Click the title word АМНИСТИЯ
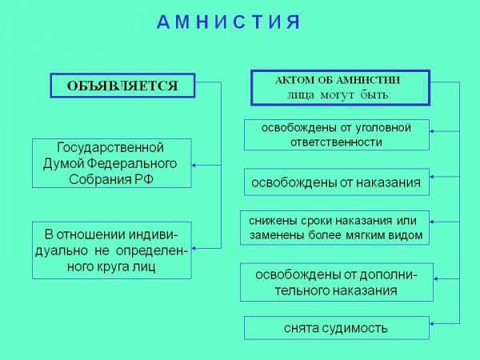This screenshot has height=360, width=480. (x=229, y=22)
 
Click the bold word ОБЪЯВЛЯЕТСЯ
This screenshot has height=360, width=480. (x=122, y=86)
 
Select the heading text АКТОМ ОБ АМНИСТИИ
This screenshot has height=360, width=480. (x=338, y=80)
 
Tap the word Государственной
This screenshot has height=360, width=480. (x=110, y=147)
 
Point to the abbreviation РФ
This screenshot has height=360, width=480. (x=144, y=179)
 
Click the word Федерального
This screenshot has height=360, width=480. (x=132, y=163)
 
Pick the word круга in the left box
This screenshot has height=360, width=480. (x=113, y=267)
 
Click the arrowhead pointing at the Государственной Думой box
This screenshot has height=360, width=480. (x=194, y=166)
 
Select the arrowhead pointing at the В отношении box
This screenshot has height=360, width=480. (x=194, y=248)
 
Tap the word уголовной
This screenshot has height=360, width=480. (x=383, y=128)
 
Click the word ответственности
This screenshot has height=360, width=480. (x=336, y=142)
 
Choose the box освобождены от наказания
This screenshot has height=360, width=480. (x=337, y=182)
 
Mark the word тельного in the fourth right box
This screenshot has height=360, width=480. (x=302, y=290)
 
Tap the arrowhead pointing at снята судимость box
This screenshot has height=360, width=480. (x=432, y=323)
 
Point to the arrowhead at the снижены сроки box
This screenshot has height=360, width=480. (x=432, y=222)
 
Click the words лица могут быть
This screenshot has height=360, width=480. (x=339, y=95)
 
